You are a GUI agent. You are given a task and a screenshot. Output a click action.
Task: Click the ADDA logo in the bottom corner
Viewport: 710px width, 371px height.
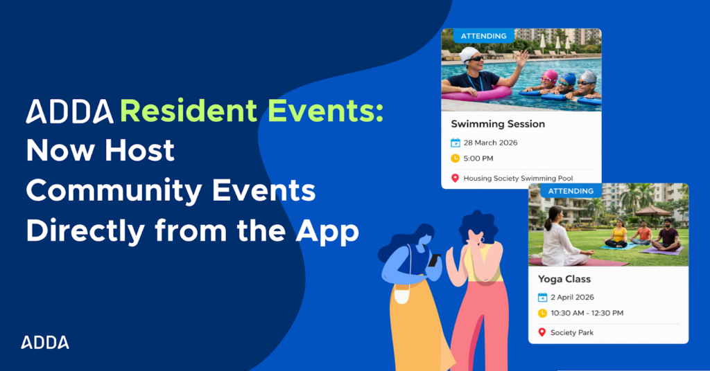(45, 342)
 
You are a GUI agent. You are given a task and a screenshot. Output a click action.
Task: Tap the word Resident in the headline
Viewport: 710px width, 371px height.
(189, 111)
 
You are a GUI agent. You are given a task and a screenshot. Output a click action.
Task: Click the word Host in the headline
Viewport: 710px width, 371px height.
(139, 150)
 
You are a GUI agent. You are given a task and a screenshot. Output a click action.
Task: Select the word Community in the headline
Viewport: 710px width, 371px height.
(114, 192)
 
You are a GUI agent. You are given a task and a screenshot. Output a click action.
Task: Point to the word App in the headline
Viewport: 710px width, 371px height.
(327, 232)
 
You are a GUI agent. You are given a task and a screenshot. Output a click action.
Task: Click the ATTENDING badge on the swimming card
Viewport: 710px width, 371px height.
(483, 36)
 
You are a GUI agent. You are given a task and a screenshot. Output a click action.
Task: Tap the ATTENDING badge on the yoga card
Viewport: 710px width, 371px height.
(571, 191)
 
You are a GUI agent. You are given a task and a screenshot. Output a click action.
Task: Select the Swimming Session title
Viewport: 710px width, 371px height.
(498, 124)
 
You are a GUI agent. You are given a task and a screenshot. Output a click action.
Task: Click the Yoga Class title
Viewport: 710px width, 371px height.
(564, 279)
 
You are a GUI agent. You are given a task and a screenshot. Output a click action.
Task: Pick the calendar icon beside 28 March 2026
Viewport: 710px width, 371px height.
(455, 143)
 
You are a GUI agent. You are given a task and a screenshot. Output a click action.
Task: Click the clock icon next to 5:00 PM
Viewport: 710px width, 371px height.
(455, 159)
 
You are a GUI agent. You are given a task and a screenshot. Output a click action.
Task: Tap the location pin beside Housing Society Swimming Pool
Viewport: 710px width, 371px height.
(455, 178)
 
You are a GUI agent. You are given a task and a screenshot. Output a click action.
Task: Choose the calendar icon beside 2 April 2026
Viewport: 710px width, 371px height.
(542, 298)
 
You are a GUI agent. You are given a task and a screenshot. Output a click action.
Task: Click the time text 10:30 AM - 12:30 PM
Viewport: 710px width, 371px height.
(587, 313)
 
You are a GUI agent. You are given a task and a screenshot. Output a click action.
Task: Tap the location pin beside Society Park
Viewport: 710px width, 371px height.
(542, 333)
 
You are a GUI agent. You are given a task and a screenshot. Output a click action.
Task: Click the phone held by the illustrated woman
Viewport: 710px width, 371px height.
(434, 260)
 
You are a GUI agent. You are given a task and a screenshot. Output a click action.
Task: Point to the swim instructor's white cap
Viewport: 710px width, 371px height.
(468, 54)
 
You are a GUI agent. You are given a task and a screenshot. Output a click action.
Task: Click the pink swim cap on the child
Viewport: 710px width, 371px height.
(550, 75)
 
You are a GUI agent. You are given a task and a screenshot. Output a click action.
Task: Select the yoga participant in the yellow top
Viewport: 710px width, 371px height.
(617, 234)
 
